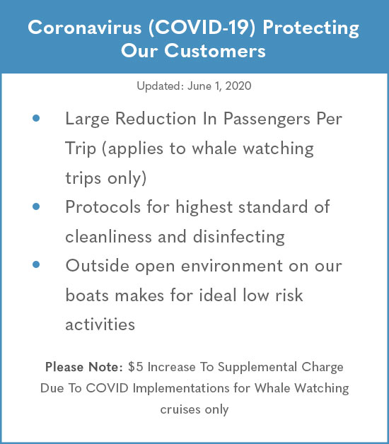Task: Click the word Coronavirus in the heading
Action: point(84,28)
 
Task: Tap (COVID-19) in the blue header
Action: point(202,28)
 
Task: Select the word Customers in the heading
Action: point(215,51)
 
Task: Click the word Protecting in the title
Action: point(310,29)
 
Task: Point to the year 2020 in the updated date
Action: point(238,86)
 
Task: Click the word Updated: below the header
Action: point(161,86)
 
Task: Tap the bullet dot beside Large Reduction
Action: point(36,118)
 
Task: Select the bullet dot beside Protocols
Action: point(36,206)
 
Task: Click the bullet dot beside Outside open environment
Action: point(36,264)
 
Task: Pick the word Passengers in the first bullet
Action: point(267,119)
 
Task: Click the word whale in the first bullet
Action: point(214,148)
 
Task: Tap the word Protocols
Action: point(103,206)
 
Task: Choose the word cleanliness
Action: point(108,236)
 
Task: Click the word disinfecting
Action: point(239,237)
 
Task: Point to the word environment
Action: point(232,266)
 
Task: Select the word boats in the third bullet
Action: point(87,295)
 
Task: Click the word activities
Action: point(100,325)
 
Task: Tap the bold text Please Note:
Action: point(84,367)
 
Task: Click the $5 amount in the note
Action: point(135,367)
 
